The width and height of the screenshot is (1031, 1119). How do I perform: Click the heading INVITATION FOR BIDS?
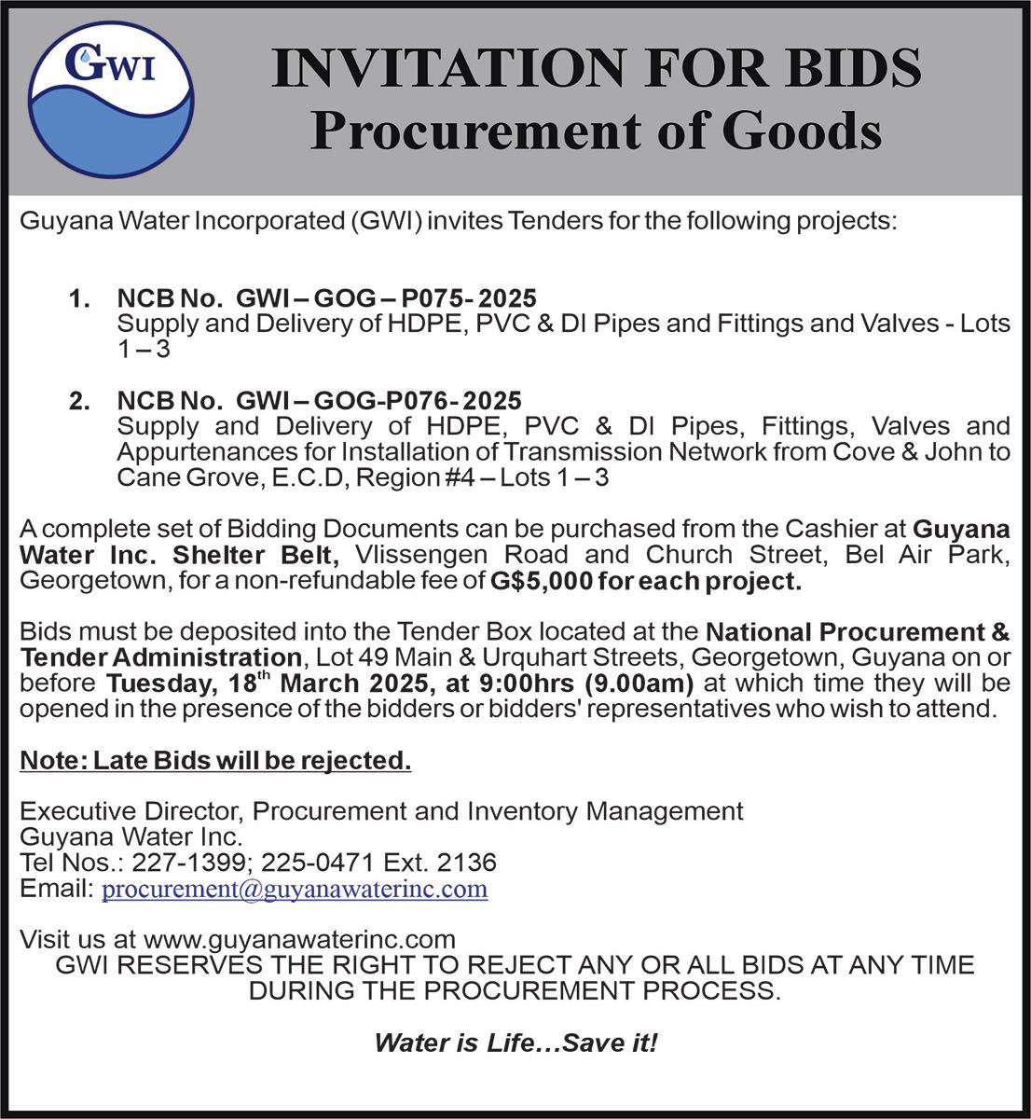597,68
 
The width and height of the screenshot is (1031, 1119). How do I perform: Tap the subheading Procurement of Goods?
596,131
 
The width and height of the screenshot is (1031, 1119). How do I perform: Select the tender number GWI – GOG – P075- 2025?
386,298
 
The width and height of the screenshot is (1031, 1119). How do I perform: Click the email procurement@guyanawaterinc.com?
295,889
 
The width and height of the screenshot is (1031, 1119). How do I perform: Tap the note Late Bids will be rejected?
215,761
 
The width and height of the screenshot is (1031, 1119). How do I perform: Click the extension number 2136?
466,862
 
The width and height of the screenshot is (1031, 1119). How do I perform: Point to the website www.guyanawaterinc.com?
299,938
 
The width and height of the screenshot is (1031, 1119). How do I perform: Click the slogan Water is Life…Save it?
515,1042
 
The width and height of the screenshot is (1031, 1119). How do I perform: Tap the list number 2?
80,401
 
